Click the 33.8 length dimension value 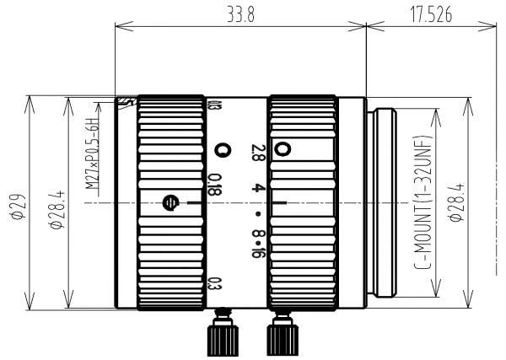click(240, 15)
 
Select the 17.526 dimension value click(431, 15)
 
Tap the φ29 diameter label click(18, 207)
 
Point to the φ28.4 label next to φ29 click(57, 210)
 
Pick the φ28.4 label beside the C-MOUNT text click(456, 202)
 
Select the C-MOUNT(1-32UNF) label click(423, 202)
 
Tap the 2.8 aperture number click(259, 153)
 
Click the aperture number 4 click(256, 188)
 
